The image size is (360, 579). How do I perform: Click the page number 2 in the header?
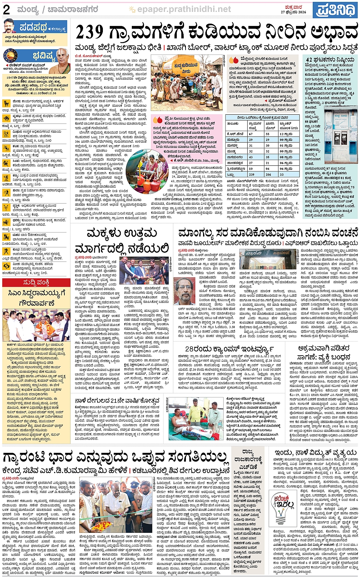coord(6,10)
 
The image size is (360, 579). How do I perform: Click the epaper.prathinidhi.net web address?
coord(184,9)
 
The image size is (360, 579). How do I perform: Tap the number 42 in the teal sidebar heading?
coord(309,60)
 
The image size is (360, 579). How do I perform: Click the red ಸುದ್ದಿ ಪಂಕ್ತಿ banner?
coord(36,283)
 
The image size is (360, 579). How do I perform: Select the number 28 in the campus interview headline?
coord(191,349)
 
